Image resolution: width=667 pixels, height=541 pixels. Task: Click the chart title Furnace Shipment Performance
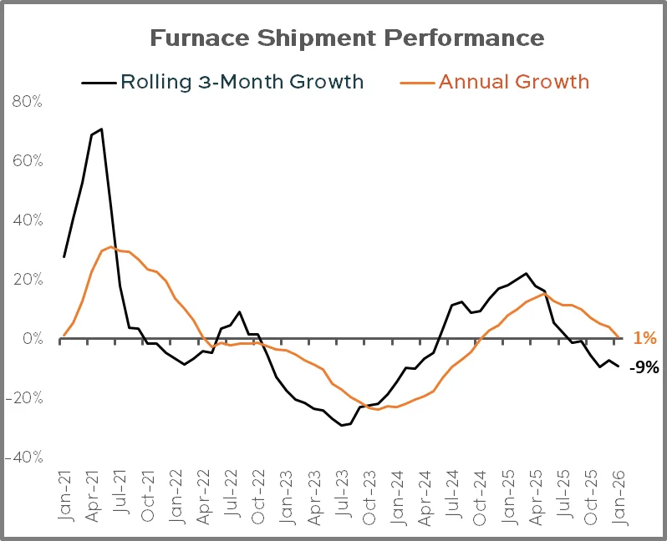click(x=347, y=38)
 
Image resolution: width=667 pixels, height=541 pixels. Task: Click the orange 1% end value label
click(x=644, y=338)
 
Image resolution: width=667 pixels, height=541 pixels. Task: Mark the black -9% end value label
click(x=644, y=366)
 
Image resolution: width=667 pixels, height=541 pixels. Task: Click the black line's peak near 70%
click(x=101, y=129)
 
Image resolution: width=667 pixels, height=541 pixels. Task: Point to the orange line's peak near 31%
click(x=110, y=246)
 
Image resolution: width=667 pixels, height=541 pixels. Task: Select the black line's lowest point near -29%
click(x=341, y=425)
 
